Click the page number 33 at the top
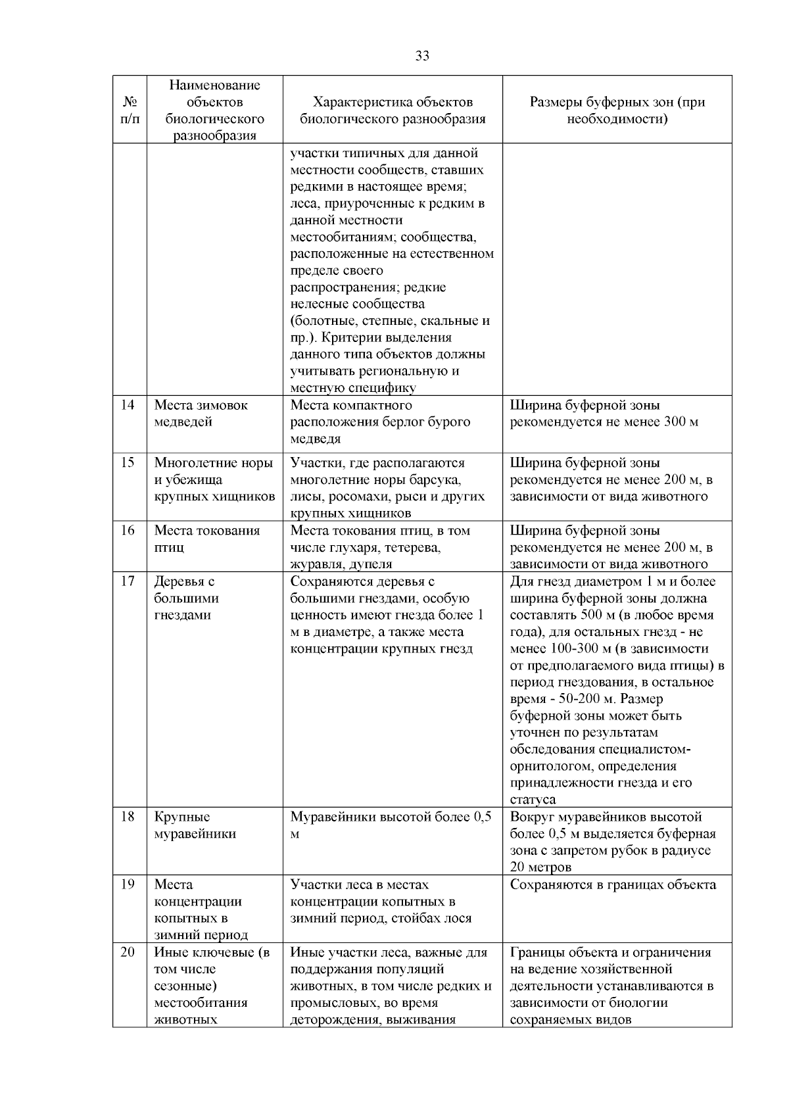(x=423, y=56)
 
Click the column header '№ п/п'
(x=130, y=110)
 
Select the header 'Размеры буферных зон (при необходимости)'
(x=617, y=110)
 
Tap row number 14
(x=128, y=405)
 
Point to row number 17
(x=128, y=581)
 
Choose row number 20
(x=128, y=952)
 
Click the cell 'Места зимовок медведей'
(x=201, y=413)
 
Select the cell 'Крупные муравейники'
(x=195, y=825)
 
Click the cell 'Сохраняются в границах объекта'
(x=613, y=885)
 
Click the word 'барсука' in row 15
(x=437, y=479)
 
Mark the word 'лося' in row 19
(x=458, y=918)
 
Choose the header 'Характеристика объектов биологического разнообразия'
(x=393, y=110)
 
